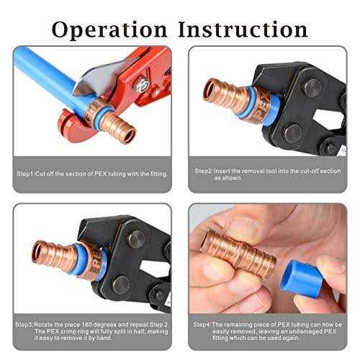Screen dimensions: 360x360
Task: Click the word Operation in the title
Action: point(109,30)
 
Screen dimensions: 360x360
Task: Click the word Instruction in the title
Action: point(243,30)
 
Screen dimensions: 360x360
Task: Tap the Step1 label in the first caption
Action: point(25,174)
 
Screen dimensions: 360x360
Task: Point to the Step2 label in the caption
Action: point(204,171)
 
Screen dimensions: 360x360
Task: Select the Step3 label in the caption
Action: point(24,325)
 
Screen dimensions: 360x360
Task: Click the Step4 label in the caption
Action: point(202,325)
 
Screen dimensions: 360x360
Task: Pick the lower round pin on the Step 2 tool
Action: point(293,132)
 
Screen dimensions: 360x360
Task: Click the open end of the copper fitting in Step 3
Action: point(37,252)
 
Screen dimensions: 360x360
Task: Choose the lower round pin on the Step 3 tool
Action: point(122,284)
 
